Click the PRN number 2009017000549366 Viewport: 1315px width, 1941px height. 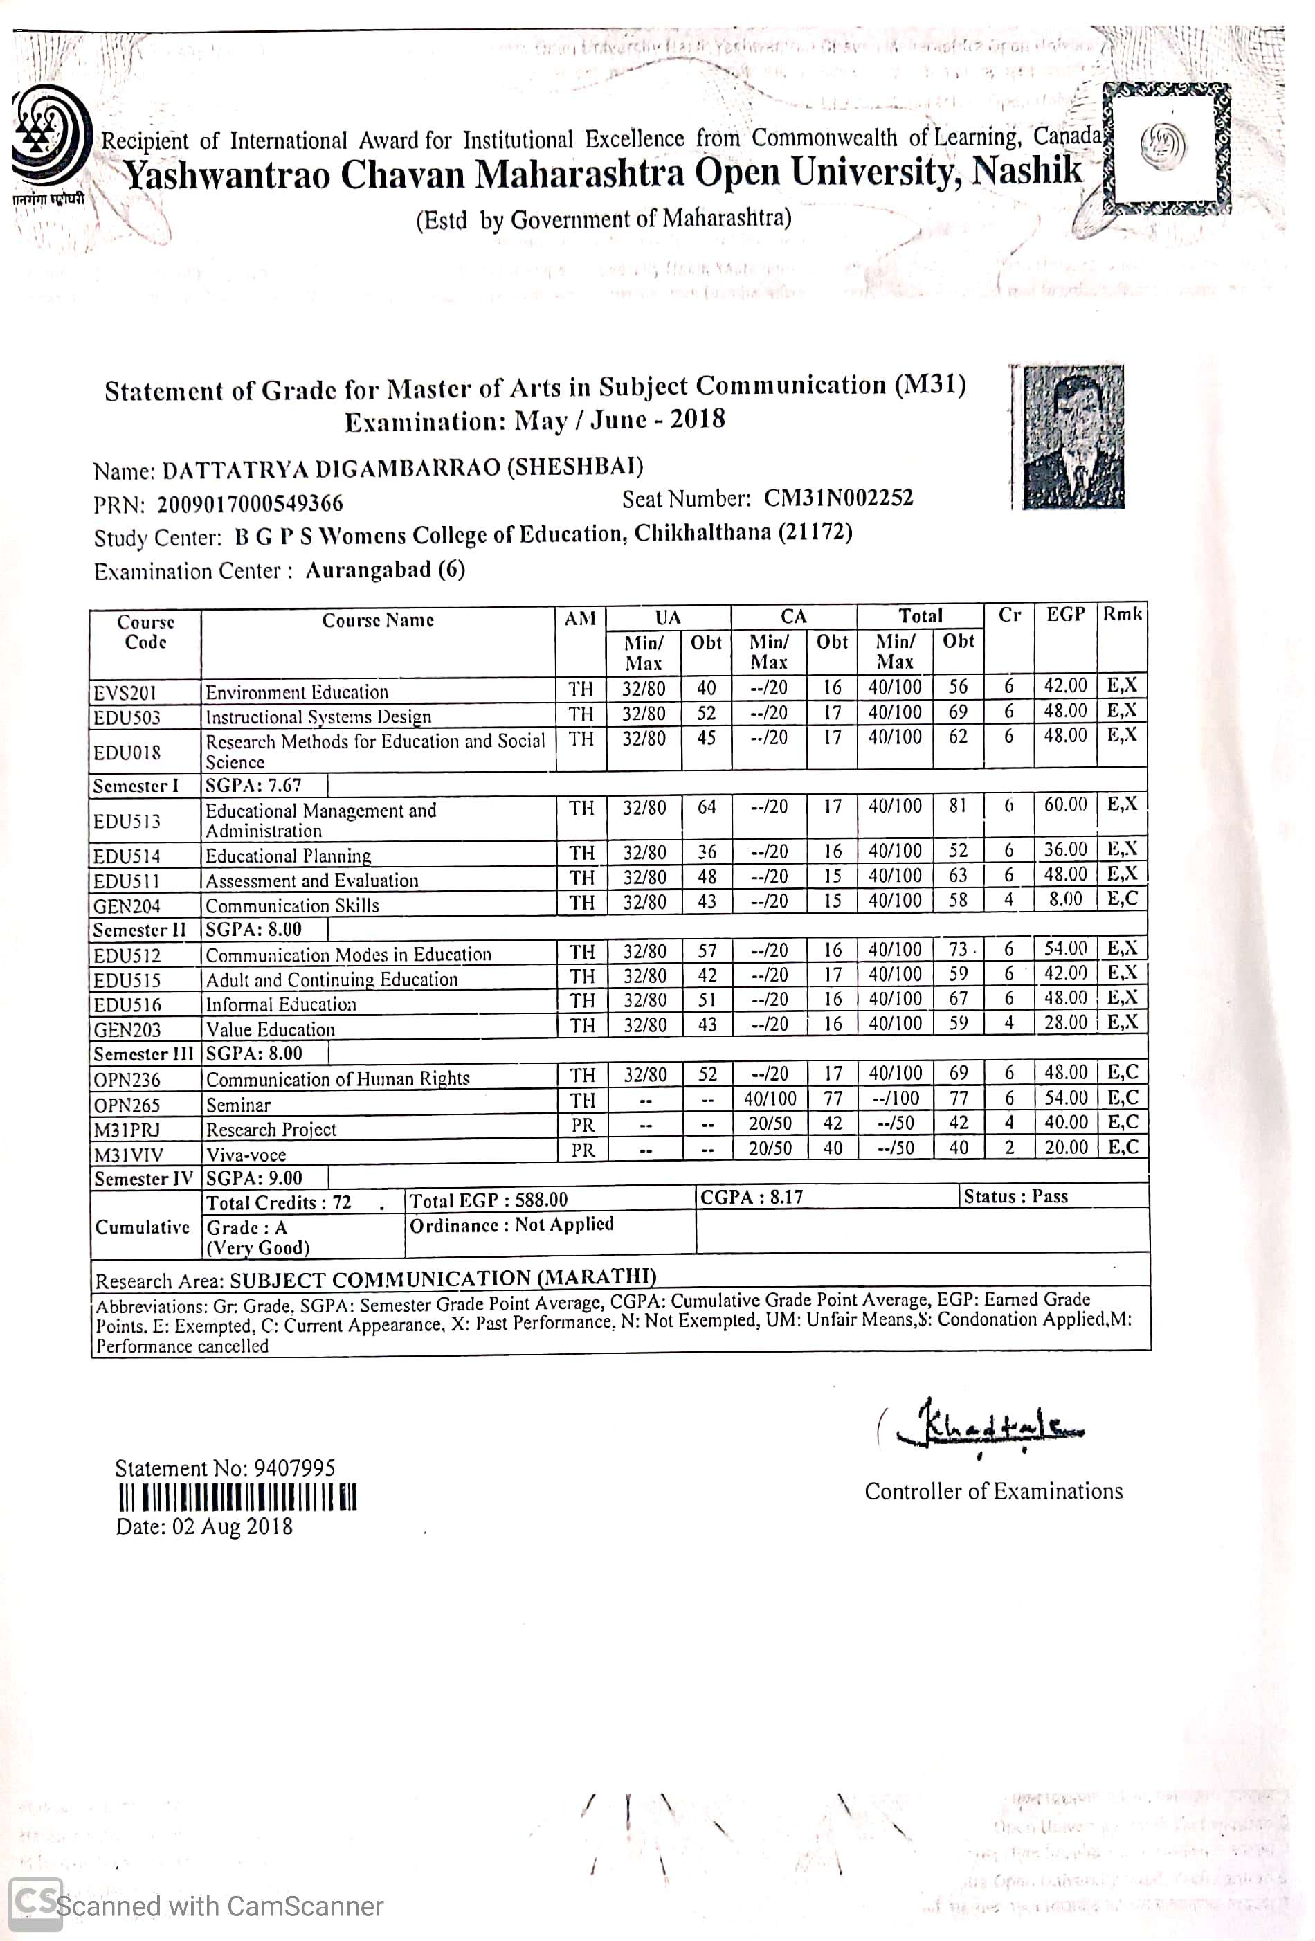click(x=250, y=504)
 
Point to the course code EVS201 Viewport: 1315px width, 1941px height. click(x=125, y=693)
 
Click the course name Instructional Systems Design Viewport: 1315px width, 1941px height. click(x=318, y=716)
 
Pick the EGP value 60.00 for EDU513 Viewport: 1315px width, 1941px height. click(x=1065, y=804)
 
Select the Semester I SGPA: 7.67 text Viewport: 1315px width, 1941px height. click(x=253, y=785)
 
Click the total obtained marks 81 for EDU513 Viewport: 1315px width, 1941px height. click(x=958, y=806)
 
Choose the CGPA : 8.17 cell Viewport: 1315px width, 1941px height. click(x=752, y=1197)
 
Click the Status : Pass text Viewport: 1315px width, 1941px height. click(x=1015, y=1196)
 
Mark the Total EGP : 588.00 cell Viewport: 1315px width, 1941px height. click(x=488, y=1200)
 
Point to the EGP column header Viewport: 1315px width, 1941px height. click(x=1065, y=615)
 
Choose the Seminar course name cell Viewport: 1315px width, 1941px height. click(x=239, y=1105)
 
